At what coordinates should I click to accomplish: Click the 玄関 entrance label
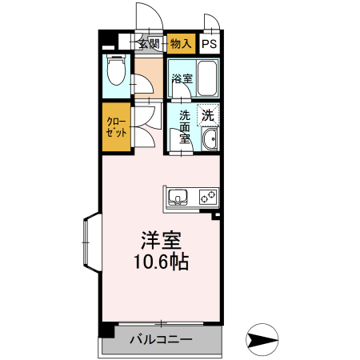point(150,44)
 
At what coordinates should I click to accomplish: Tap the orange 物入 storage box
point(181,44)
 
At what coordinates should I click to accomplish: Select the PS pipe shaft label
point(209,45)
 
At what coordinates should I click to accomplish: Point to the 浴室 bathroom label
point(182,78)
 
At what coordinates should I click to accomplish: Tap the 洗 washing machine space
point(208,114)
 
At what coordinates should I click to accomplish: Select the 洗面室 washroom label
point(185,126)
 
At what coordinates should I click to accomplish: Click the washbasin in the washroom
point(210,142)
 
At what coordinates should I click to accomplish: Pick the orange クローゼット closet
point(117,127)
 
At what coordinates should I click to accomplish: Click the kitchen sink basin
point(177,196)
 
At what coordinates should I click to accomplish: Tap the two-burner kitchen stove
point(208,196)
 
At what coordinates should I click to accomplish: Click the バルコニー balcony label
point(160,339)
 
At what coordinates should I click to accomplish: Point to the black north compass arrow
point(262,339)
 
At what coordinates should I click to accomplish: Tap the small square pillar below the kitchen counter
point(214,214)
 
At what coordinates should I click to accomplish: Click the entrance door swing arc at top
point(145,16)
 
